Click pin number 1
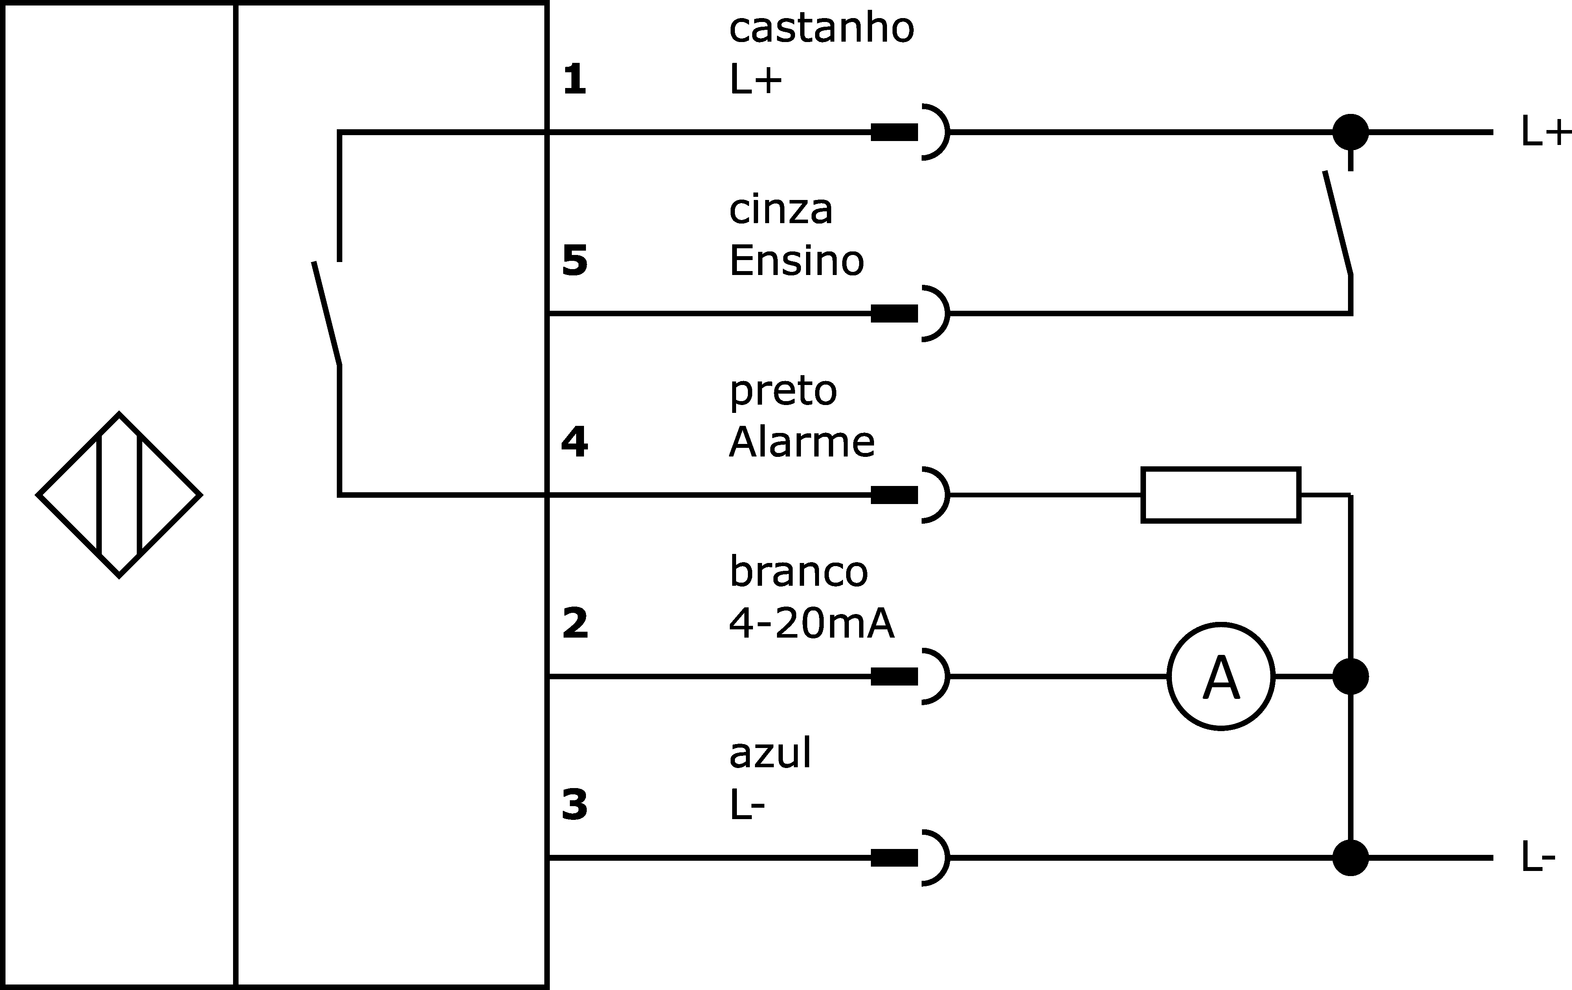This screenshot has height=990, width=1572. pyautogui.click(x=575, y=80)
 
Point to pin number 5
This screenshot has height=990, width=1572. pyautogui.click(x=575, y=261)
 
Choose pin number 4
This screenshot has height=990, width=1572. pyautogui.click(x=575, y=442)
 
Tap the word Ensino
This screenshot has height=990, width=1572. pyautogui.click(x=797, y=260)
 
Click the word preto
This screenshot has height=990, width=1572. pyautogui.click(x=783, y=392)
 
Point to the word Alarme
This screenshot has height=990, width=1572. pyautogui.click(x=802, y=442)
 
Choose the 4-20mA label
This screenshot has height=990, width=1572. pyautogui.click(x=812, y=623)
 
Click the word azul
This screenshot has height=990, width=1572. pyautogui.click(x=770, y=754)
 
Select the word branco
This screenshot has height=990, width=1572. pyautogui.click(x=799, y=572)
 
